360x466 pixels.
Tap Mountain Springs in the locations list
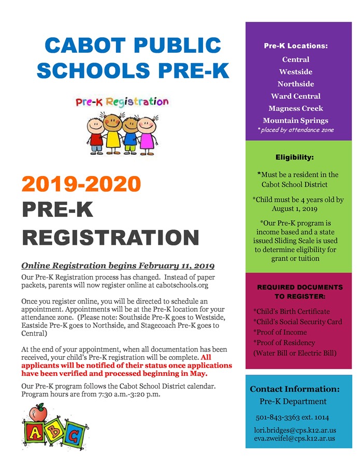pyautogui.click(x=295, y=120)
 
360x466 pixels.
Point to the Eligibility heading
pyautogui.click(x=294, y=157)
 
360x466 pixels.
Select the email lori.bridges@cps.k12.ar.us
pyautogui.click(x=295, y=430)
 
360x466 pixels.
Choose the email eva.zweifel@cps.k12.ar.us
pyautogui.click(x=294, y=438)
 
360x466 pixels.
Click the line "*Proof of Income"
pyautogui.click(x=280, y=332)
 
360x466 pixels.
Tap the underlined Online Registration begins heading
pyautogui.click(x=118, y=266)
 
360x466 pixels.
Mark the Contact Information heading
pyautogui.click(x=295, y=389)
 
